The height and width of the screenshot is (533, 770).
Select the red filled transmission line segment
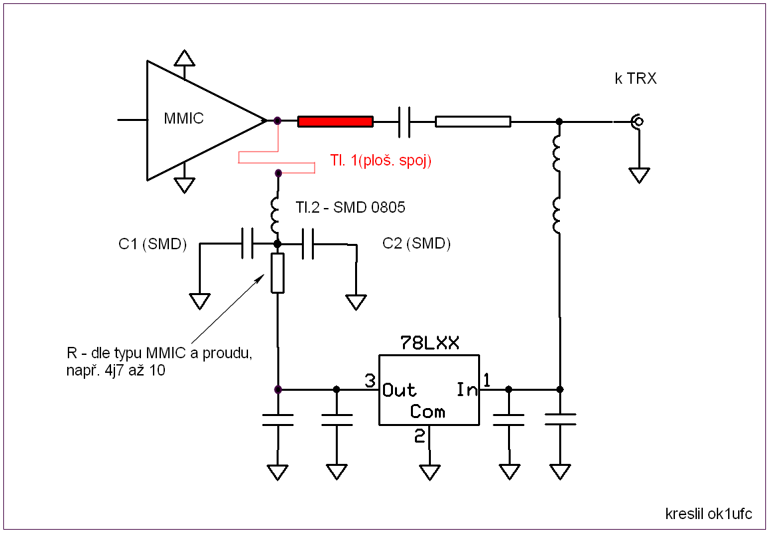(335, 121)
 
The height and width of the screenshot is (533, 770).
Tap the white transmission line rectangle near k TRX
(473, 121)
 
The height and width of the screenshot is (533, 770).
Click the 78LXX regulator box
(429, 389)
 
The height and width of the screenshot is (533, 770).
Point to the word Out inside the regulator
(399, 390)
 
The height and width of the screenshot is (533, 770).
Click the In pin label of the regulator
(467, 389)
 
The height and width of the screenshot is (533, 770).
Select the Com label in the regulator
(428, 411)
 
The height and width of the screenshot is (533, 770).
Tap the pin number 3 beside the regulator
(370, 380)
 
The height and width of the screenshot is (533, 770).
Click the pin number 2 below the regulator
(420, 435)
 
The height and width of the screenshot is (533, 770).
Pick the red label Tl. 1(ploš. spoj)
(380, 160)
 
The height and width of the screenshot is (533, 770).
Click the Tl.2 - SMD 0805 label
(350, 207)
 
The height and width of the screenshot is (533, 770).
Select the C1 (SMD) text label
(153, 244)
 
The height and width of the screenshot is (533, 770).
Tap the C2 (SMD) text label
(416, 243)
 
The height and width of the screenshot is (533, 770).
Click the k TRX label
(636, 78)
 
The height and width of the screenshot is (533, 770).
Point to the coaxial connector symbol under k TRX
(638, 121)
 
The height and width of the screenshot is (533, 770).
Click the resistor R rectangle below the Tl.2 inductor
(278, 273)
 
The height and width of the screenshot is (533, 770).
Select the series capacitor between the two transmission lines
(404, 121)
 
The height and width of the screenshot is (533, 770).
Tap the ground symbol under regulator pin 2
(430, 472)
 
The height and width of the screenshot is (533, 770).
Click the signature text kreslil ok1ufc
(709, 514)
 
